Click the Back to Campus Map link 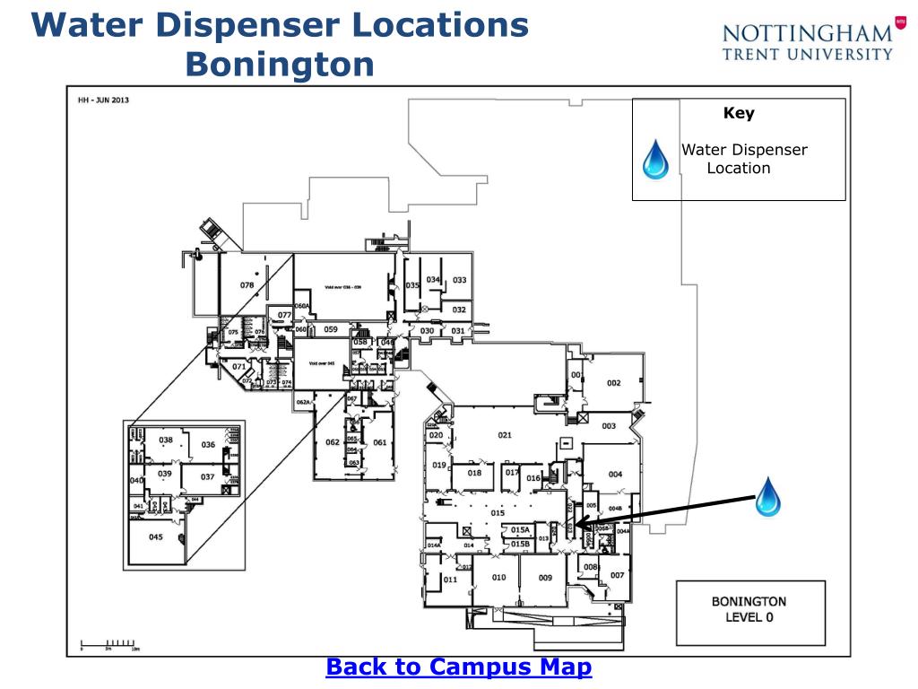pos(458,667)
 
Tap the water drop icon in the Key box pos(656,159)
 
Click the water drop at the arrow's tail pos(767,497)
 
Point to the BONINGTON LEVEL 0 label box pos(749,609)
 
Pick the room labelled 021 pos(505,435)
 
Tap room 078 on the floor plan pos(247,285)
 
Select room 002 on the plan pos(613,383)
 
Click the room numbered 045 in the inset pos(156,537)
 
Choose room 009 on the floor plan pos(545,578)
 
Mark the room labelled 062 pos(333,441)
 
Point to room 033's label pos(459,280)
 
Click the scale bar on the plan pos(108,643)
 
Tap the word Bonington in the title pos(280,64)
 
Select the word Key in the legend pos(739,114)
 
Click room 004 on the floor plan pos(615,474)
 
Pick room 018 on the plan pos(474,473)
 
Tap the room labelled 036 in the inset pos(208,445)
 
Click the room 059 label pos(331,329)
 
